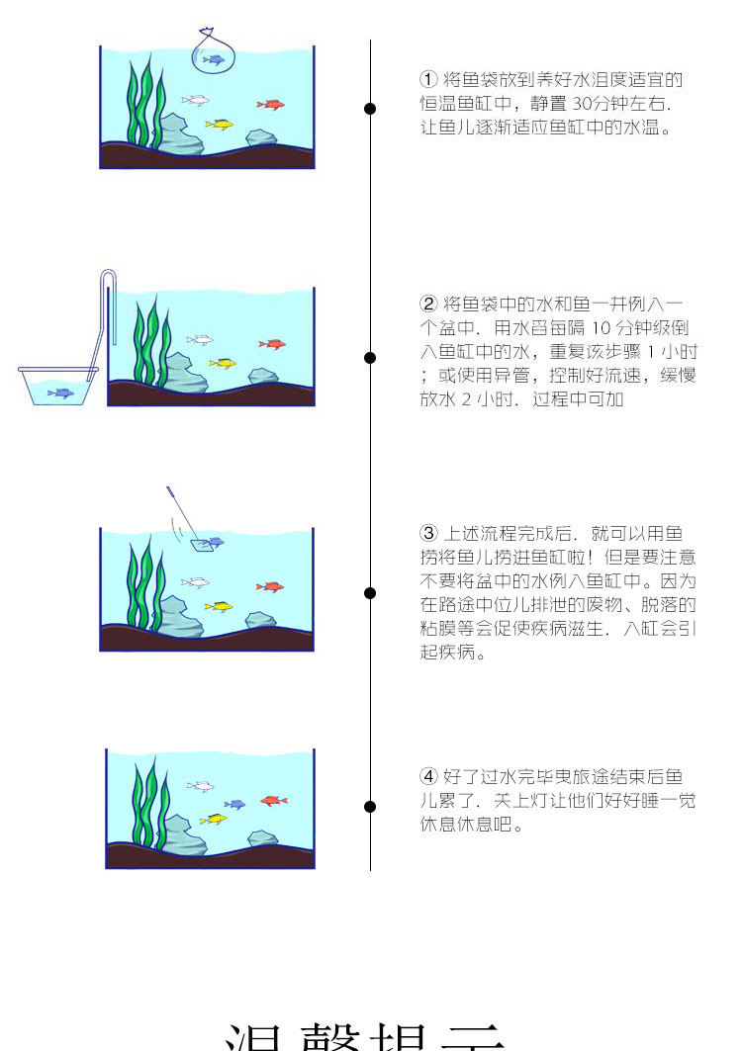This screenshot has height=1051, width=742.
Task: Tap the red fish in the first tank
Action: [270, 104]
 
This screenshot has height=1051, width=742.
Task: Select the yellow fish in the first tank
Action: [219, 125]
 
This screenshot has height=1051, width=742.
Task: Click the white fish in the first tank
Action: [195, 100]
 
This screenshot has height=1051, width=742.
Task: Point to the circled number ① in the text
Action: [428, 79]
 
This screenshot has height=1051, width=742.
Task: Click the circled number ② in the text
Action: [428, 304]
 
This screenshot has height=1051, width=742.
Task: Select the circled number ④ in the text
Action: [428, 776]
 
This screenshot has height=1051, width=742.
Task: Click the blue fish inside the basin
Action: [61, 393]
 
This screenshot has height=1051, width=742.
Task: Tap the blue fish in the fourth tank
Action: [235, 804]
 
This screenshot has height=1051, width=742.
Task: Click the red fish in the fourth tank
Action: [273, 800]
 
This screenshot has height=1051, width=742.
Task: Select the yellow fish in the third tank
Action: [219, 606]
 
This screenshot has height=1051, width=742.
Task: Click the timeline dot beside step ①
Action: [370, 109]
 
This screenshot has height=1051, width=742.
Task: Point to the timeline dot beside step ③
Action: [370, 593]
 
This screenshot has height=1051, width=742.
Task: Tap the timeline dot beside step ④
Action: [370, 807]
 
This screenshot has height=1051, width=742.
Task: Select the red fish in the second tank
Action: [271, 344]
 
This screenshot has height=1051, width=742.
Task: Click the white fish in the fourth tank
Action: [201, 787]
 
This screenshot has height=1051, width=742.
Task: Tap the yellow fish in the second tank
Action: [223, 363]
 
